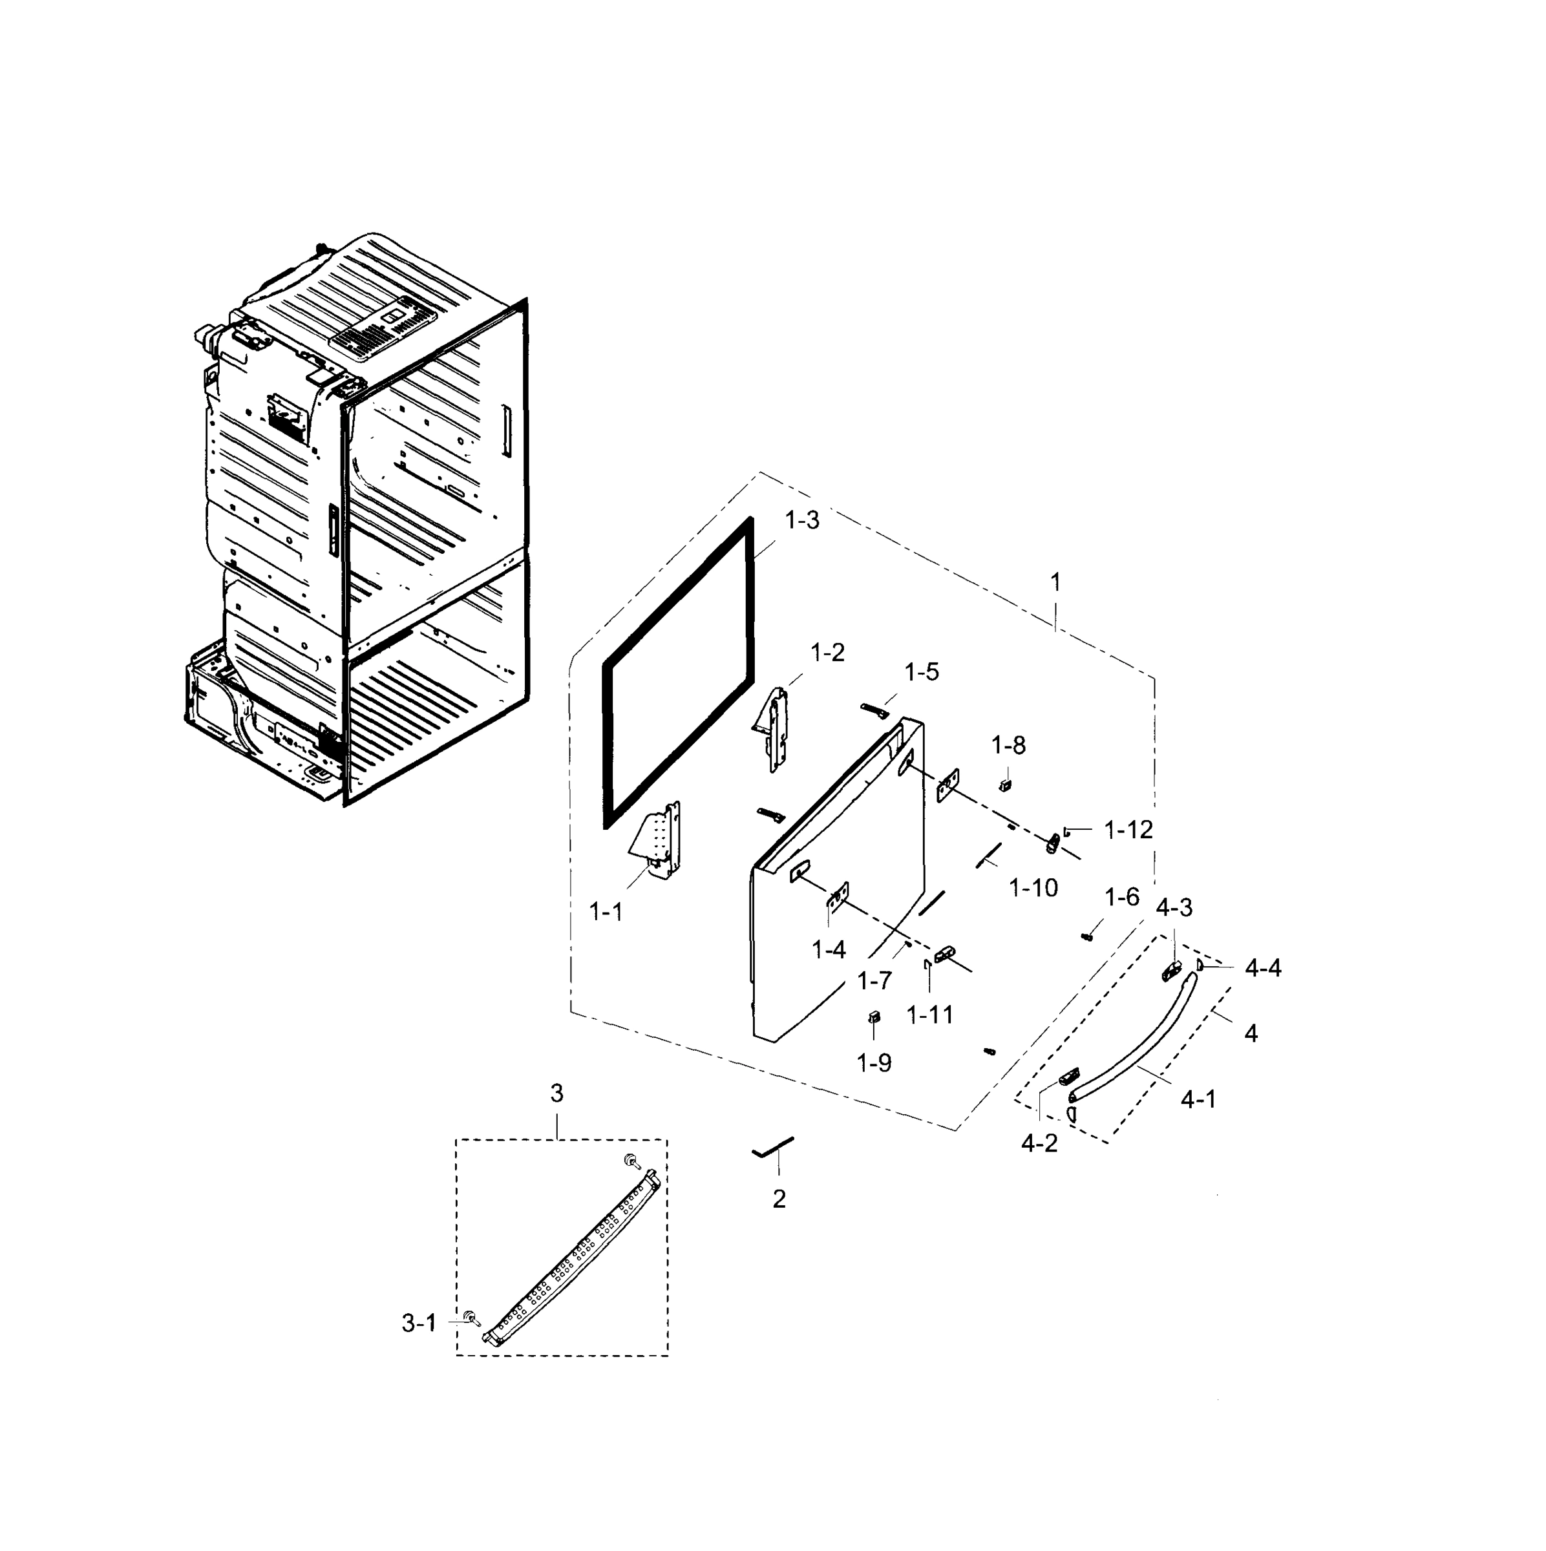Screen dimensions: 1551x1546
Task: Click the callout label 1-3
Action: click(802, 520)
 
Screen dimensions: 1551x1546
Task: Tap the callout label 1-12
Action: click(1128, 830)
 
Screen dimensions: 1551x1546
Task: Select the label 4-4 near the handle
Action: click(1263, 969)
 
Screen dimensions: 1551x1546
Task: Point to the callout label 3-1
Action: click(418, 1323)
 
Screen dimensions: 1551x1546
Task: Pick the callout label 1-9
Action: click(873, 1063)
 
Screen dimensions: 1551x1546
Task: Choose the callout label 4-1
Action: click(1198, 1100)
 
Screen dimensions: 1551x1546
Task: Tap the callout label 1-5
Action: click(922, 672)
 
